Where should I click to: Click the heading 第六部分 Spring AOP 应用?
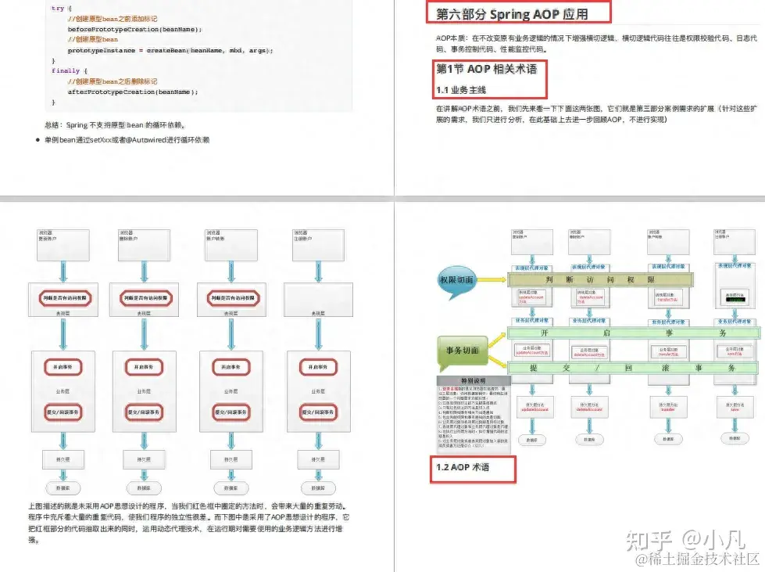point(512,14)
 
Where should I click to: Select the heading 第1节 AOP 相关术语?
point(486,69)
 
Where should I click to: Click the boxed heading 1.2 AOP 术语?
point(463,467)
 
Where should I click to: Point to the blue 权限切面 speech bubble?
point(457,279)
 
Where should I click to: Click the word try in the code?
point(58,8)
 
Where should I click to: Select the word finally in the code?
point(66,70)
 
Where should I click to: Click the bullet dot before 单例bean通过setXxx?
point(38,140)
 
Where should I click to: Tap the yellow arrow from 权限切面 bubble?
point(494,279)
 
